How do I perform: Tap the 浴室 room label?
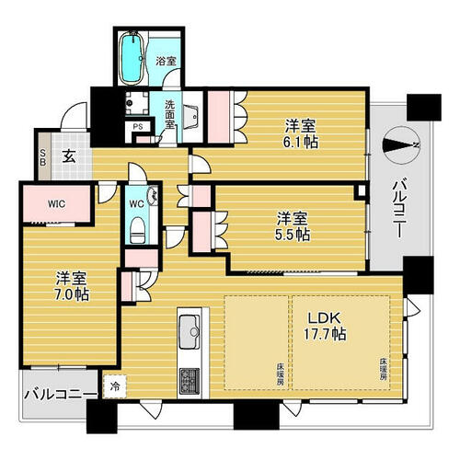(x=166, y=61)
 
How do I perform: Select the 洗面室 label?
(x=169, y=114)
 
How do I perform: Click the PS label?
(x=138, y=127)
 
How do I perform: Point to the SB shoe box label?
(x=43, y=156)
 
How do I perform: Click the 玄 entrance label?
(x=69, y=156)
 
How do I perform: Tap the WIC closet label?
(x=57, y=204)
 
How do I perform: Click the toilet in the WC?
(x=137, y=230)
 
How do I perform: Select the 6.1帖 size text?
(x=301, y=142)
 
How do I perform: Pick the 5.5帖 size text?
(x=293, y=235)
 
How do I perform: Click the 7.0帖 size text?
(x=72, y=294)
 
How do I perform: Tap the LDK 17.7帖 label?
(x=325, y=326)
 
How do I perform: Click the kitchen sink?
(x=190, y=332)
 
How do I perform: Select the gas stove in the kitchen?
(x=190, y=381)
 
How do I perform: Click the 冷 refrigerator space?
(x=115, y=386)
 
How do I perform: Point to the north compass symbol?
(x=401, y=145)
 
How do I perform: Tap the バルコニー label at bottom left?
(x=61, y=394)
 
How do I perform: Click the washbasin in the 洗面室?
(x=192, y=117)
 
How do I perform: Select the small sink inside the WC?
(x=153, y=196)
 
